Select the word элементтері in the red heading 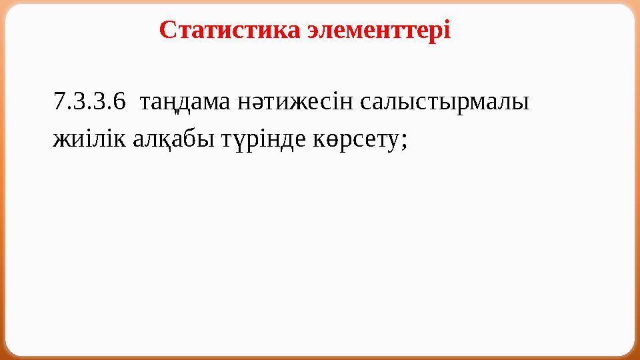click(380, 30)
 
